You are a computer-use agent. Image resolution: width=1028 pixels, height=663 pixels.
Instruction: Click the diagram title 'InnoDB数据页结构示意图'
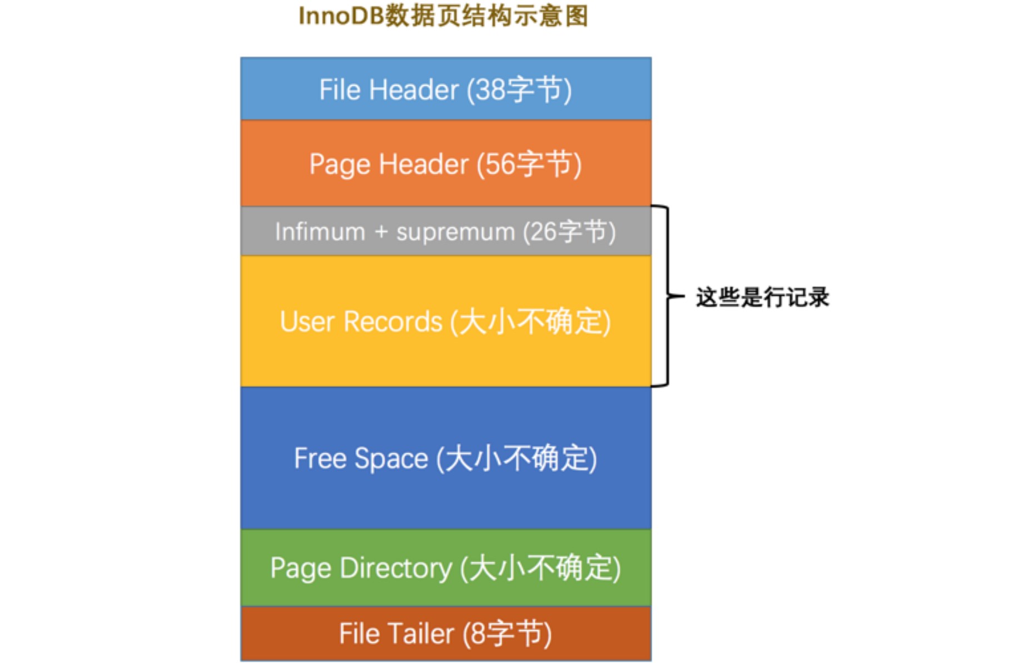443,16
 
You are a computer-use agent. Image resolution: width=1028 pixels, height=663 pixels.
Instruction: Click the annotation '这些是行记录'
762,297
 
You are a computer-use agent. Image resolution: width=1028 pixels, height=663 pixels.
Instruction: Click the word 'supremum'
455,232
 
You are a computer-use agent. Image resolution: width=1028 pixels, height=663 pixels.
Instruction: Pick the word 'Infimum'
320,232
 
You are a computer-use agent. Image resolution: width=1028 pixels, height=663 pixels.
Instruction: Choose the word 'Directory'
395,568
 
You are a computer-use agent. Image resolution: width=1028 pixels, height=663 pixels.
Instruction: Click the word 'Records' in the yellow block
393,321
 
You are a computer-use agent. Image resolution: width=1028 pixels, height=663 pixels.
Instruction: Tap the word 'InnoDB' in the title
341,16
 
